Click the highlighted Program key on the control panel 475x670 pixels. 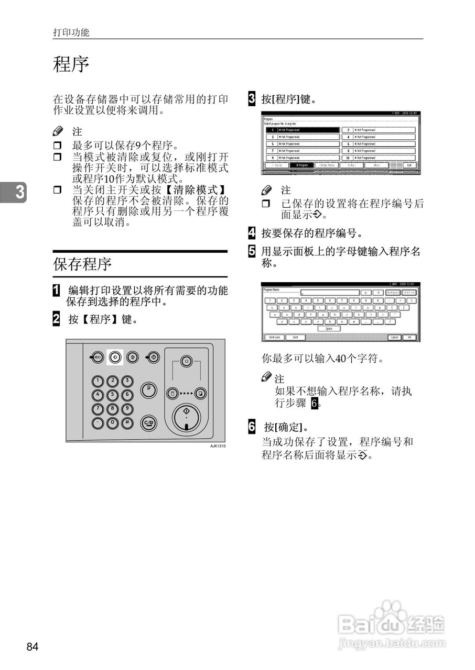point(115,358)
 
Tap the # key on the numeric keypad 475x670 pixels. point(127,422)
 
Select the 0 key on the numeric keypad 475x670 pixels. point(113,422)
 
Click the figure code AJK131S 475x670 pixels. point(218,445)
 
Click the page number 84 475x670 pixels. point(33,647)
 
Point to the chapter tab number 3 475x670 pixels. point(19,193)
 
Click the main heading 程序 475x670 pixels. point(71,65)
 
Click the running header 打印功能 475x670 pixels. point(71,32)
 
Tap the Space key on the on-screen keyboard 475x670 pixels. point(329,329)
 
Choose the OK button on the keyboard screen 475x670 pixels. point(410,338)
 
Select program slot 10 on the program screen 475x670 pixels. point(378,158)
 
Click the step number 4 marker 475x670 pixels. point(252,233)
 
